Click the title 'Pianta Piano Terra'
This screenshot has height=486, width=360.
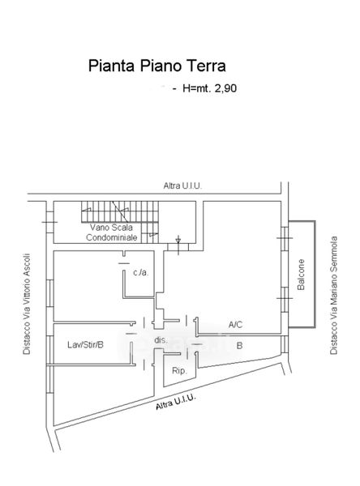point(157,66)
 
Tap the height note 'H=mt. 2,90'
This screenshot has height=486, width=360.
point(209,88)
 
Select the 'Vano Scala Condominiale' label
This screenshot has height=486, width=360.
point(111,232)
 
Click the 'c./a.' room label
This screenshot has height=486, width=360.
point(141,273)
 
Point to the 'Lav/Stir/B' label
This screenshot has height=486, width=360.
point(85,345)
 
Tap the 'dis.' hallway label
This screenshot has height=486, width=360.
point(161,340)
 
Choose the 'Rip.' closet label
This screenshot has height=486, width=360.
point(179,370)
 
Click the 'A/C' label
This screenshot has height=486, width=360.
point(235,325)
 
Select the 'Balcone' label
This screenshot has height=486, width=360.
point(301,275)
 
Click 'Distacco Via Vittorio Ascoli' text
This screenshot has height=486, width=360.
point(27,304)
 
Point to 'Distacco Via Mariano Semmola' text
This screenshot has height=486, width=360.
point(333,296)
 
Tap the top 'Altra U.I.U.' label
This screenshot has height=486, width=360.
point(182,186)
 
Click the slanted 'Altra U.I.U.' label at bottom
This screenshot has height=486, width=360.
point(176,402)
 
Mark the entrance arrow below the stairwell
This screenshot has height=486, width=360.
point(178,245)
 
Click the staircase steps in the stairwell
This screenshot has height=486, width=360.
point(120,211)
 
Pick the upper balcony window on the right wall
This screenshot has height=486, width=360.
point(285,238)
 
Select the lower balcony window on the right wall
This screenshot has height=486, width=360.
point(285,299)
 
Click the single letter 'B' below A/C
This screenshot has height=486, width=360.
point(239,345)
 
